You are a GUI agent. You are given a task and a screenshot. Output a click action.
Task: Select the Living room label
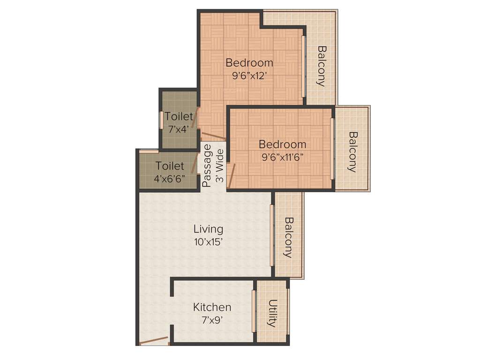click(209, 229)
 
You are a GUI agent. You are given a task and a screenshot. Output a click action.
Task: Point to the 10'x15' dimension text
click(209, 242)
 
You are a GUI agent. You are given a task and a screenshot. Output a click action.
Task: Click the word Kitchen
click(212, 307)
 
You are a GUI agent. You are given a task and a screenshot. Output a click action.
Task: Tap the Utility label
click(272, 313)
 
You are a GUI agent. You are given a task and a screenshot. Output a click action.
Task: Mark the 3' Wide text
click(219, 165)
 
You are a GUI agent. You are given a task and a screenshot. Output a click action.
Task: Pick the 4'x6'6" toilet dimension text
click(170, 179)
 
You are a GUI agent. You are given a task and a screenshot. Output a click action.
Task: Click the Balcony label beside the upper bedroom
click(321, 66)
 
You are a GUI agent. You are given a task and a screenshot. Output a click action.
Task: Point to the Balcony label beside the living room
click(289, 237)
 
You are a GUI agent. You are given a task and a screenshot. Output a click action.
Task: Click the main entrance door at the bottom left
click(154, 340)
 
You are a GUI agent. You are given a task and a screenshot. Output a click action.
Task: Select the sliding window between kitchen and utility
click(254, 311)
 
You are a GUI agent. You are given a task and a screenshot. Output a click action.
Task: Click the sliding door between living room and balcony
click(272, 235)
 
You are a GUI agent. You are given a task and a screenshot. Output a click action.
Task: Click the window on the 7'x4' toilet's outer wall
click(161, 120)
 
